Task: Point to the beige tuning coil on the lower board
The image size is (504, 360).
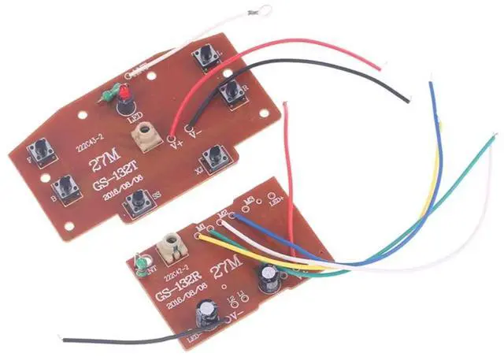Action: (172, 246)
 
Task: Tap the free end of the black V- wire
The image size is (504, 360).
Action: (408, 99)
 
